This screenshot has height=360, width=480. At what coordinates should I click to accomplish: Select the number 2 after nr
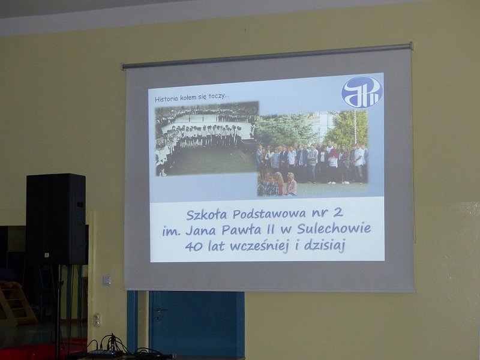338,212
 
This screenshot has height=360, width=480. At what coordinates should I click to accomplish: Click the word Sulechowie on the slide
334,229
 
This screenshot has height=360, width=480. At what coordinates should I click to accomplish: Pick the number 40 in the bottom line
194,247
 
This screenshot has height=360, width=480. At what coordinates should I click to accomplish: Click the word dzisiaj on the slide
325,246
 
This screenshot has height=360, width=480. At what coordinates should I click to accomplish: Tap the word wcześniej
259,247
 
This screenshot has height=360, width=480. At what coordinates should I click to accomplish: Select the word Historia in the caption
167,99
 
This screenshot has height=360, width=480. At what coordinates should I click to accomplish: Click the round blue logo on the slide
362,92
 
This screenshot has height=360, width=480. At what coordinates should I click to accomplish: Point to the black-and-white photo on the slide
206,139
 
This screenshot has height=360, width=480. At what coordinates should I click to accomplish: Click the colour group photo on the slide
312,153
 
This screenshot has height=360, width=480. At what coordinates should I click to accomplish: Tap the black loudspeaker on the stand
56,219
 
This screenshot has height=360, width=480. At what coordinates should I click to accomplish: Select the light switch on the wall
107,281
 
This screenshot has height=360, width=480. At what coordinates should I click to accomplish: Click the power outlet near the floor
97,320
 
